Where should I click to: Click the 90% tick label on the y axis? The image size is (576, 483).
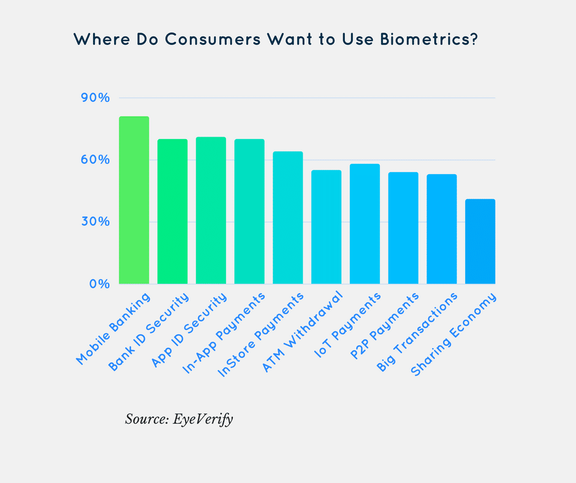pyautogui.click(x=95, y=98)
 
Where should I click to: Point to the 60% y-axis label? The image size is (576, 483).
pyautogui.click(x=95, y=160)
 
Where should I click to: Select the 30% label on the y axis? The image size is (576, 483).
pyautogui.click(x=95, y=222)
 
